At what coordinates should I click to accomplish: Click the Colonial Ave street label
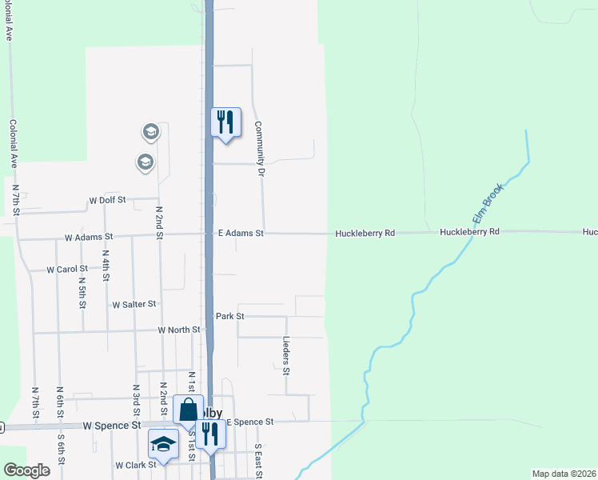pos(13,143)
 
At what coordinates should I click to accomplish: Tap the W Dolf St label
pos(108,201)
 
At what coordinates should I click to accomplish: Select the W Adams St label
pos(90,238)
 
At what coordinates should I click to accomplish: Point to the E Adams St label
pos(241,234)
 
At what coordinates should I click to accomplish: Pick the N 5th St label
pos(82,293)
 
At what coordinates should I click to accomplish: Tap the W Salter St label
pos(134,305)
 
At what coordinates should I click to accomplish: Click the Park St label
pos(229,316)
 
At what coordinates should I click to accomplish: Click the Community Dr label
pos(259,148)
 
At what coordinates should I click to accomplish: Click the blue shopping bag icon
pos(188,410)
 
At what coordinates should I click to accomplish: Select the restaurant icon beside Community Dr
pos(225,122)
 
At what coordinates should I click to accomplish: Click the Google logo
pos(26,470)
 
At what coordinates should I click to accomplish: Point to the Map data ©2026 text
pos(564,474)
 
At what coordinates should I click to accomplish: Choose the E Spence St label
pos(249,422)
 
